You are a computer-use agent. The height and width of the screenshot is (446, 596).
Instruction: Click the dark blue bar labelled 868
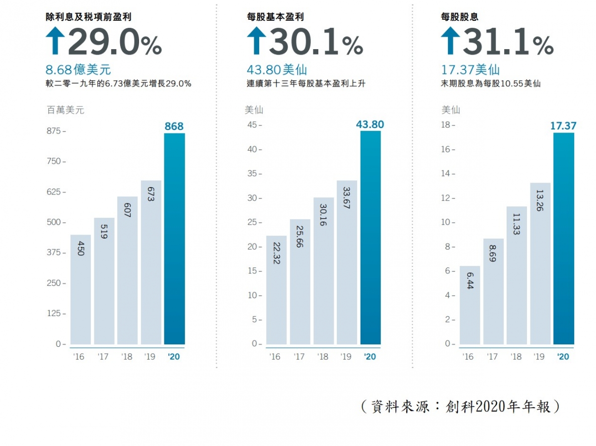(174, 239)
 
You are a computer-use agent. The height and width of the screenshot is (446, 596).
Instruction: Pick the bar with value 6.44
(469, 305)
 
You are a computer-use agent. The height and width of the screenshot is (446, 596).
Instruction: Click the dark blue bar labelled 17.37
(563, 239)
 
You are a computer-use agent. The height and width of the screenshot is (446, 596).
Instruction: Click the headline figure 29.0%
(114, 44)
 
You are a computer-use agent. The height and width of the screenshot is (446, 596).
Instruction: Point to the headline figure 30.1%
(315, 44)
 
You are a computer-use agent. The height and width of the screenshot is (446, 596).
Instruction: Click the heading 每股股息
(459, 17)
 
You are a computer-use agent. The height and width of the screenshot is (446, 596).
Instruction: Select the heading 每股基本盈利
(275, 17)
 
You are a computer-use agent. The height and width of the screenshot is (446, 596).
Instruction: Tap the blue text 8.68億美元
(78, 70)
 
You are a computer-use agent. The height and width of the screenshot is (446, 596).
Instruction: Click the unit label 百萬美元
(65, 110)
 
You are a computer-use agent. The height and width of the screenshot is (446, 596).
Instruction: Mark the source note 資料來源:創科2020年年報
(460, 407)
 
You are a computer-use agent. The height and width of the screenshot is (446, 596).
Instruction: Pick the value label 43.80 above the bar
(370, 125)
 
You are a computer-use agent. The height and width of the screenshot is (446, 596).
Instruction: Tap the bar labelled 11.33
(517, 275)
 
